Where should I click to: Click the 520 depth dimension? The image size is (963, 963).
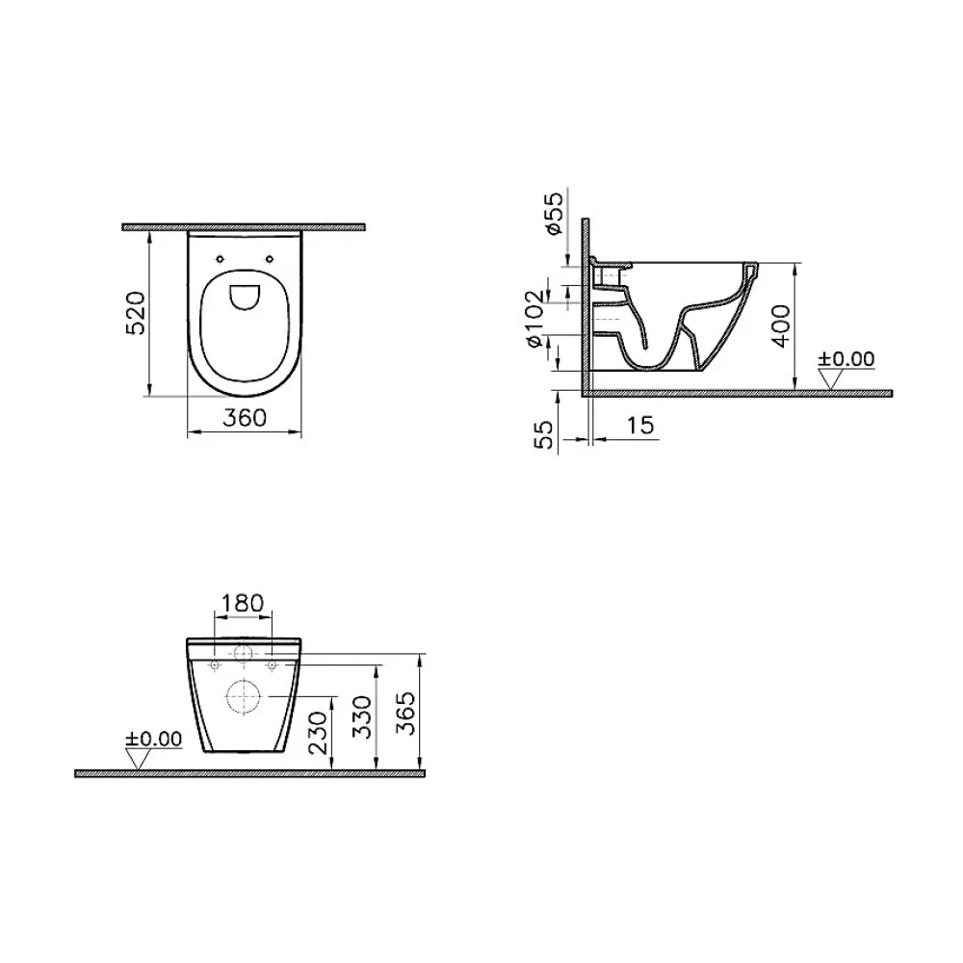(136, 313)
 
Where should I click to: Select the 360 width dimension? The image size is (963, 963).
(245, 418)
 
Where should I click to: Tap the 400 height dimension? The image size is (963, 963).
(781, 326)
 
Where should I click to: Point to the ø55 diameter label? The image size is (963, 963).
(554, 214)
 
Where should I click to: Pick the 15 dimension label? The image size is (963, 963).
(640, 425)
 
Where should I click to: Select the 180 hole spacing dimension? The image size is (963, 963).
(242, 603)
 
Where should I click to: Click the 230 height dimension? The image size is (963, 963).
(318, 733)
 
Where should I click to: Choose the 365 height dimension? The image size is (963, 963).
(404, 713)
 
